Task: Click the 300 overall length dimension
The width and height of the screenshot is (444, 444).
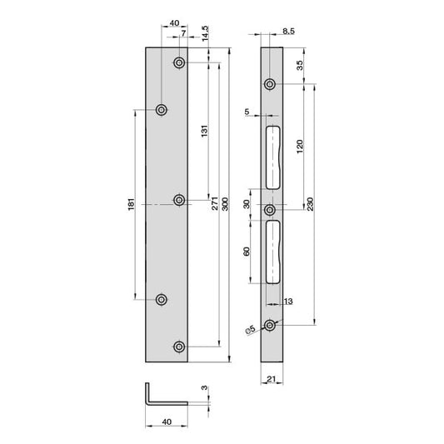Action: (x=225, y=204)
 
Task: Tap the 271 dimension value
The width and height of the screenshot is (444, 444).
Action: (x=215, y=203)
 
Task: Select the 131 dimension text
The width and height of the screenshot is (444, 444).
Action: (x=204, y=131)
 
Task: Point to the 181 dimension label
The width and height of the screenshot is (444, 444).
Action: (x=131, y=204)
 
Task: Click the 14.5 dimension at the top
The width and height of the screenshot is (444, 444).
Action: (x=205, y=33)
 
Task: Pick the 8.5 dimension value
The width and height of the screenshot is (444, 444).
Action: (x=288, y=31)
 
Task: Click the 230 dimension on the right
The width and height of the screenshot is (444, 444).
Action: (x=311, y=204)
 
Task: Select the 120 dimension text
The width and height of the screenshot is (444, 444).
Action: (x=300, y=147)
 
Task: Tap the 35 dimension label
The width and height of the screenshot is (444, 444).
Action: (x=300, y=66)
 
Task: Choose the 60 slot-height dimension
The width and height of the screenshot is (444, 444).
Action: (x=247, y=252)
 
